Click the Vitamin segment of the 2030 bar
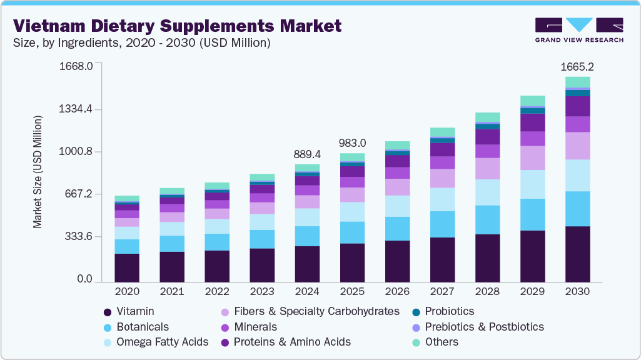pyautogui.click(x=577, y=254)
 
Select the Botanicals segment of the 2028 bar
pyautogui.click(x=487, y=219)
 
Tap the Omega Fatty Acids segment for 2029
pyautogui.click(x=532, y=184)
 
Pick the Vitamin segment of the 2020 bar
pyautogui.click(x=127, y=267)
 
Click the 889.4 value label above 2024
pyautogui.click(x=307, y=154)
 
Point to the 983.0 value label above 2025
pyautogui.click(x=352, y=142)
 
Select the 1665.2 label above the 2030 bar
pyautogui.click(x=577, y=66)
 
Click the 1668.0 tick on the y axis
pyautogui.click(x=76, y=66)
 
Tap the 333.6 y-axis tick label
pyautogui.click(x=76, y=237)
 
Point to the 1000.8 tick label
pyautogui.click(x=76, y=152)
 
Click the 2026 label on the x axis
pyautogui.click(x=397, y=292)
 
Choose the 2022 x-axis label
pyautogui.click(x=217, y=292)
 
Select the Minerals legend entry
pyautogui.click(x=255, y=327)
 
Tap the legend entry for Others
pyautogui.click(x=442, y=342)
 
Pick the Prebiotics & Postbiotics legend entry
pyautogui.click(x=484, y=327)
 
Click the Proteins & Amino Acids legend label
pyautogui.click(x=292, y=342)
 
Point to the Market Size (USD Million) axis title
pyautogui.click(x=38, y=172)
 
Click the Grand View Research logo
pyautogui.click(x=578, y=30)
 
